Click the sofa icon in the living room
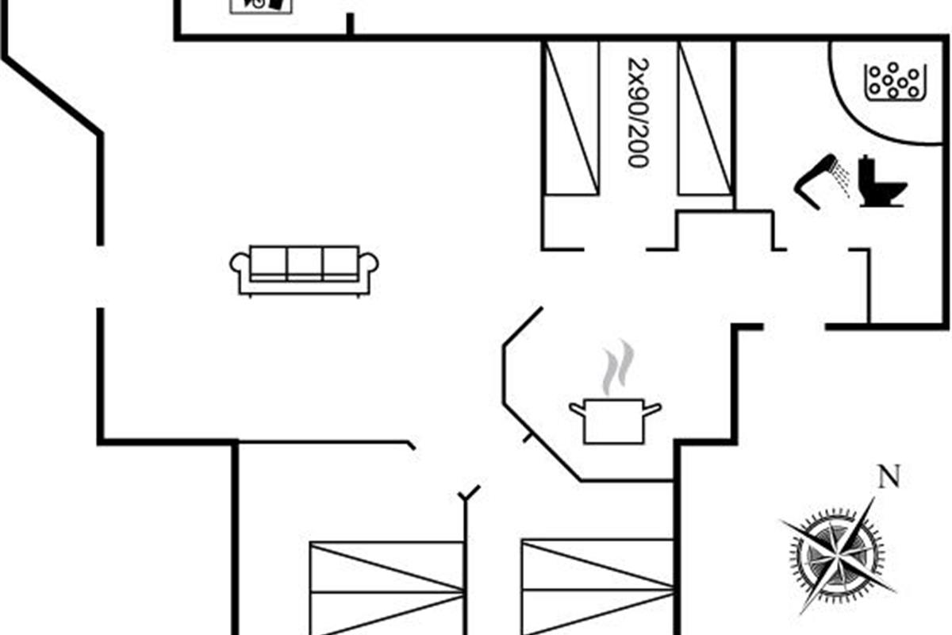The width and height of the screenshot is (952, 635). tap(304, 270)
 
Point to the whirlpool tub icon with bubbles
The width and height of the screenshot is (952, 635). tap(895, 81)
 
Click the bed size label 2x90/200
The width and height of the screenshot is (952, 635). tap(637, 111)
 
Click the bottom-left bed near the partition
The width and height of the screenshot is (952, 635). tap(386, 587)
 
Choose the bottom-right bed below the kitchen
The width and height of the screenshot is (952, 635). tap(597, 587)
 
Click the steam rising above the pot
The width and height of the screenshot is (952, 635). tap(616, 368)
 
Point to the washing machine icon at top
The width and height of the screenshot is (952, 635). tap(261, 5)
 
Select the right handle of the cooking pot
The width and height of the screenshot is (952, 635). tap(652, 410)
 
